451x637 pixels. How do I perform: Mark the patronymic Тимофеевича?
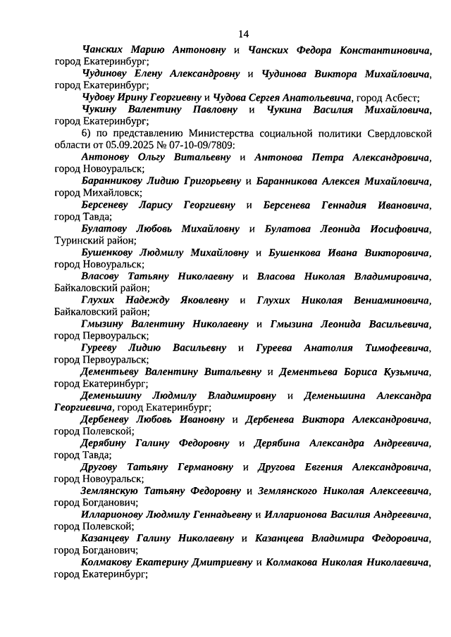(396, 348)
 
